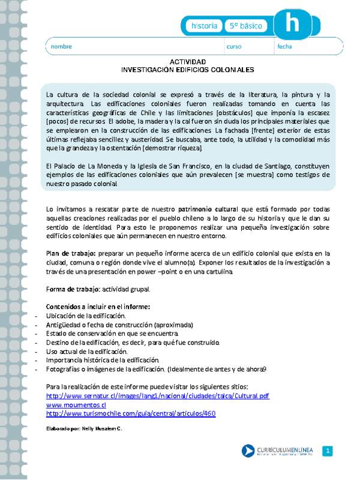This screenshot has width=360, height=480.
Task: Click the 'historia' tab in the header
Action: click(x=204, y=26)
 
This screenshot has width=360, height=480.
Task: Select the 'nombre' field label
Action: click(x=61, y=46)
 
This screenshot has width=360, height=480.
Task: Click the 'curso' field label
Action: click(x=233, y=46)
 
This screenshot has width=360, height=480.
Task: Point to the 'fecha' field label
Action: click(x=284, y=46)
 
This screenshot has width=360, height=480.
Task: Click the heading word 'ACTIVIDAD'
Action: click(x=188, y=62)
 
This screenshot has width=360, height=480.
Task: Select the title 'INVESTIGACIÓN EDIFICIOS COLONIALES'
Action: click(x=188, y=70)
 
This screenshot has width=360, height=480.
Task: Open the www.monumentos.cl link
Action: click(x=76, y=405)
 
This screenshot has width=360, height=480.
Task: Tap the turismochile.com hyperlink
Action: click(x=131, y=413)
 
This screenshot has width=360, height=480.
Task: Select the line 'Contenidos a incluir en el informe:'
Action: click(x=98, y=307)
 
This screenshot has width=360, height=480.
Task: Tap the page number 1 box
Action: click(x=328, y=451)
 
